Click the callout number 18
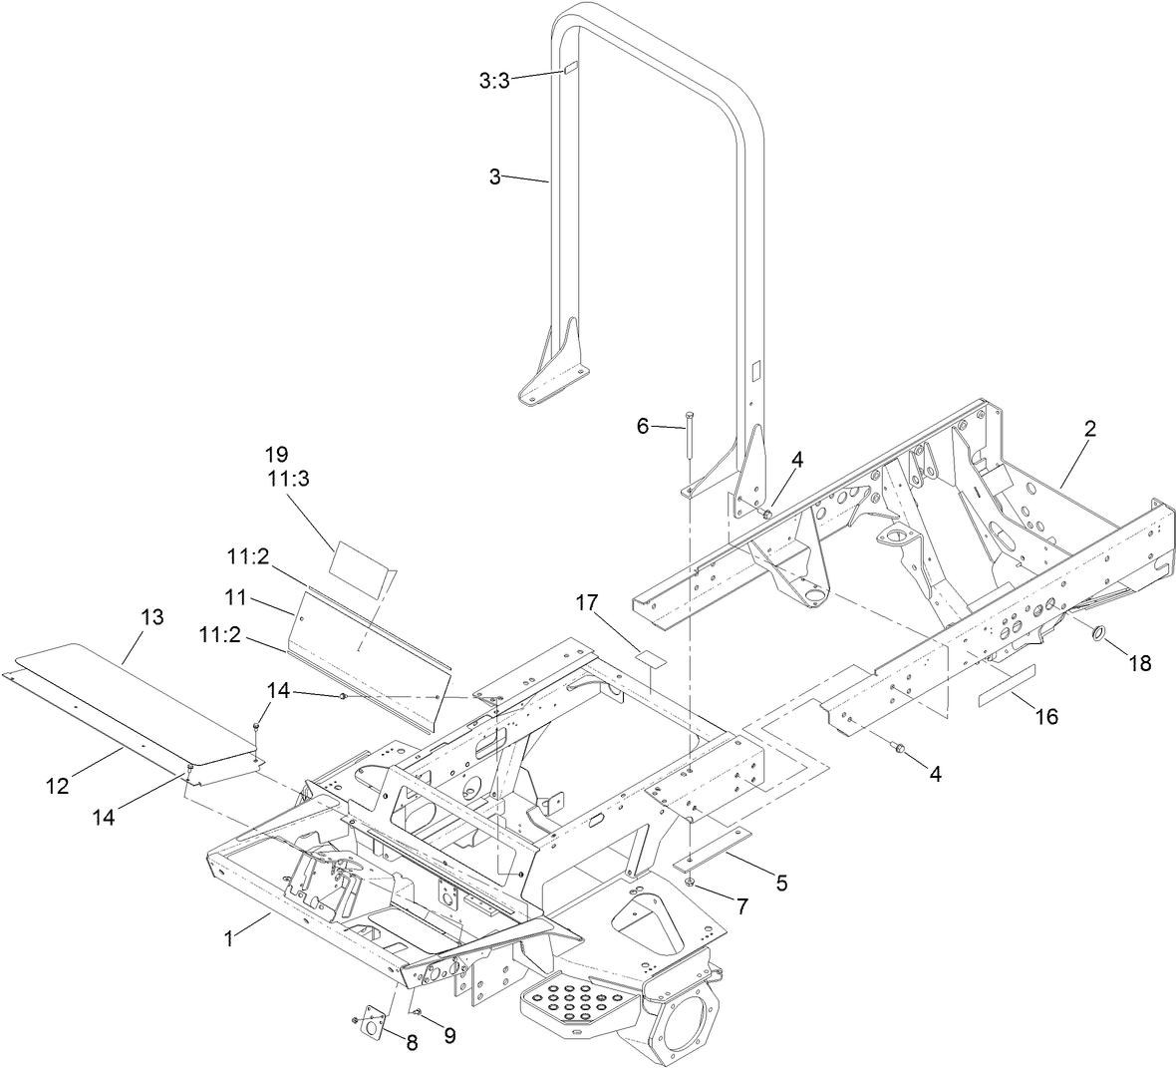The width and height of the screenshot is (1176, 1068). pyautogui.click(x=1140, y=662)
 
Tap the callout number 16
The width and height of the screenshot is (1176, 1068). pyautogui.click(x=1045, y=716)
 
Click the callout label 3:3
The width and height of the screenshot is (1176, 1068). pyautogui.click(x=493, y=82)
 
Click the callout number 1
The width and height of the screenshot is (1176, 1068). pyautogui.click(x=229, y=939)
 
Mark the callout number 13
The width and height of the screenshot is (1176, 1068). pyautogui.click(x=151, y=616)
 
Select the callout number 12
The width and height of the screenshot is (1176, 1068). pyautogui.click(x=57, y=786)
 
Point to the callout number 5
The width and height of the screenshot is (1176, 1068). pyautogui.click(x=781, y=882)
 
